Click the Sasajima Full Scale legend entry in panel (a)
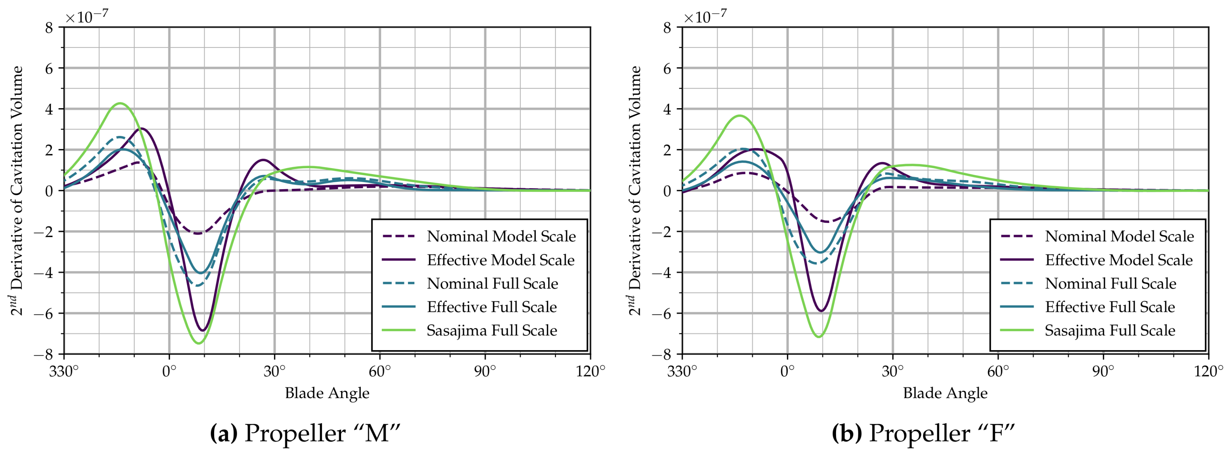click(492, 330)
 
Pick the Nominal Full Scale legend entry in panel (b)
click(1110, 283)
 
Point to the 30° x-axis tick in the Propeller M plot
click(274, 371)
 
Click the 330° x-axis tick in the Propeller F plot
click(682, 371)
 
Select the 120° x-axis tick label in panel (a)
click(590, 371)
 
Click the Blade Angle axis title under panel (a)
click(327, 393)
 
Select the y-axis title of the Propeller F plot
click(635, 191)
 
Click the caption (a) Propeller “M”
click(305, 433)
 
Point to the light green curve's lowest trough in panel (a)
click(199, 343)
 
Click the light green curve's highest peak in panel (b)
click(739, 116)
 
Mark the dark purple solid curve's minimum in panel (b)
click(821, 311)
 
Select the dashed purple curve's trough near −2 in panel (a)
click(197, 233)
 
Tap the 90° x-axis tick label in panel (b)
click(1103, 371)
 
